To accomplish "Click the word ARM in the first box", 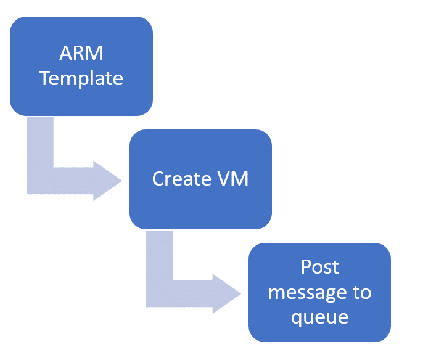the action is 81,53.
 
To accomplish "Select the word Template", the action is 81,78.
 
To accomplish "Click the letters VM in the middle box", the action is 233,179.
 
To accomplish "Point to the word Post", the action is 320,267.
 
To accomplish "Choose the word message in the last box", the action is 307,293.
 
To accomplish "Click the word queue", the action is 319,317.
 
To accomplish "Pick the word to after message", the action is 362,292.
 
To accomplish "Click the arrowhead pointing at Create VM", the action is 107,181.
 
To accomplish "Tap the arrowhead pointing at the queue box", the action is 227,293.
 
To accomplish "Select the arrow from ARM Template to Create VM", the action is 40,181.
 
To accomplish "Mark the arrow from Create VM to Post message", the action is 160,293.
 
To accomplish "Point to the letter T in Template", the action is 45,78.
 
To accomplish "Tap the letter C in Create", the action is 158,179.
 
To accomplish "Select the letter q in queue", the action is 297,319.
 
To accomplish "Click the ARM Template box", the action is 81,67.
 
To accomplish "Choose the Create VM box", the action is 201,179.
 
